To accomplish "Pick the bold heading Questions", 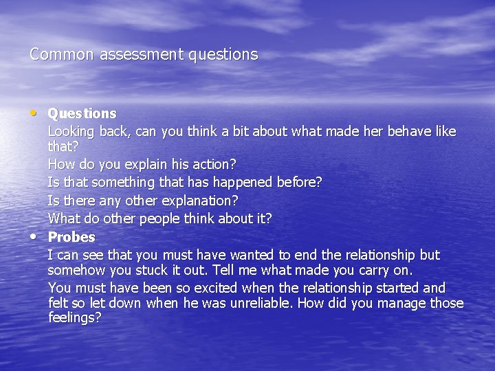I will [x=82, y=113].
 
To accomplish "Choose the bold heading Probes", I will [x=71, y=237].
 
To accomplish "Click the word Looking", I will [x=72, y=132].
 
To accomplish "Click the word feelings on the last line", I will [x=74, y=318].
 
